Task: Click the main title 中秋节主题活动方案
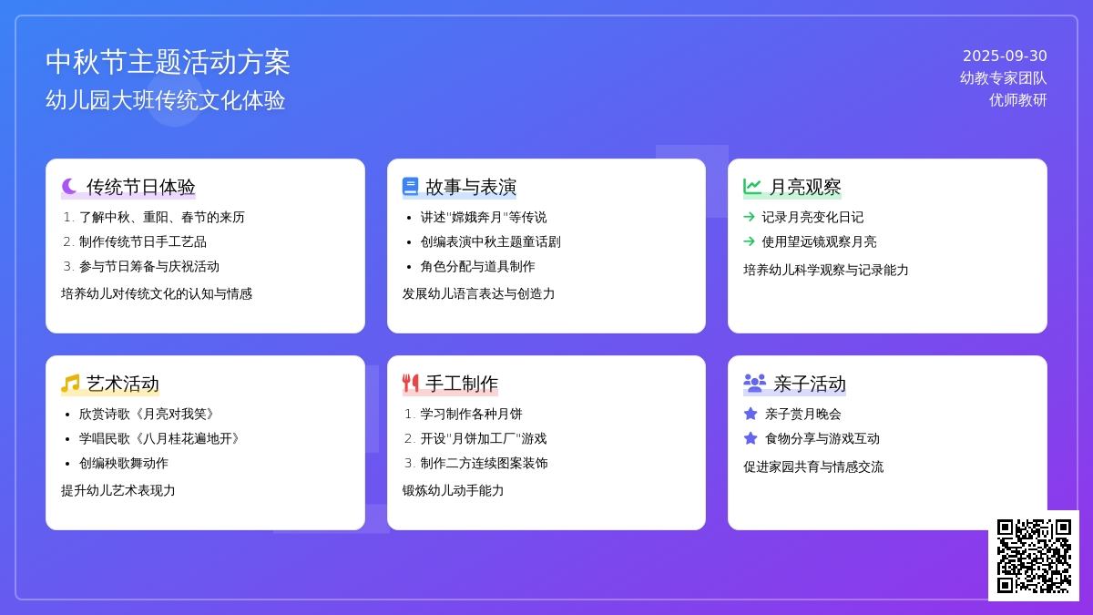[x=168, y=63]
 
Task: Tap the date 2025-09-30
[x=1005, y=56]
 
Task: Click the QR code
[x=1034, y=556]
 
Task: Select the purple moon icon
[x=69, y=187]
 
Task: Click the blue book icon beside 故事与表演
[x=411, y=187]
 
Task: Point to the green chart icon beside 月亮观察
[x=752, y=187]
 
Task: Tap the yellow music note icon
[x=70, y=384]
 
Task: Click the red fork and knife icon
[x=411, y=384]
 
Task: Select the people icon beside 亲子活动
[x=754, y=384]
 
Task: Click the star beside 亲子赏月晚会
[x=751, y=414]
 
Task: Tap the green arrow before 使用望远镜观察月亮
[x=749, y=241]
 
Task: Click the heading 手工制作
[x=462, y=384]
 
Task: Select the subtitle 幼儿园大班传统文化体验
[x=166, y=100]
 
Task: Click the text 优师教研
[x=1018, y=100]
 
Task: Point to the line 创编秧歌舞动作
[x=124, y=463]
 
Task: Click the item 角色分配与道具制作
[x=477, y=266]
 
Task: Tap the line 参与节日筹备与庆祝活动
[x=149, y=266]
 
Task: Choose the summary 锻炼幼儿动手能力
[x=453, y=490]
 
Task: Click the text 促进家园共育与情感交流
[x=813, y=467]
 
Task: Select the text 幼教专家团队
[x=1003, y=78]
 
